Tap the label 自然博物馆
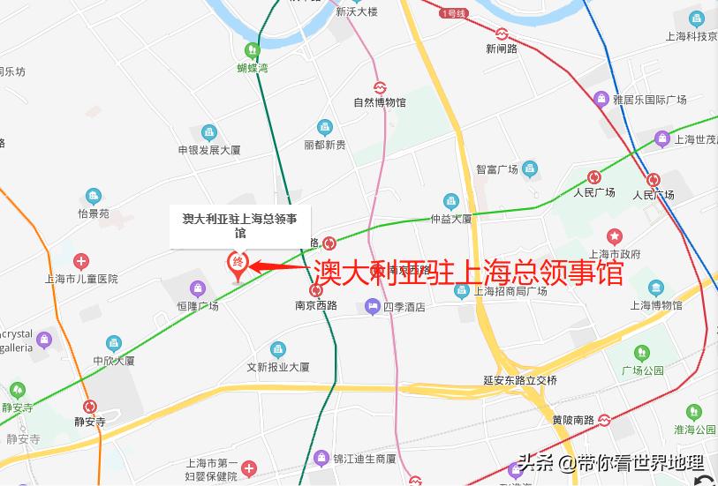coord(380,102)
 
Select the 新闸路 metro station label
coord(502,49)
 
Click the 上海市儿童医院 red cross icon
coord(81,261)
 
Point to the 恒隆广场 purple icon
coord(197,288)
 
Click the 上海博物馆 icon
coord(655,288)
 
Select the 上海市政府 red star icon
coord(615,236)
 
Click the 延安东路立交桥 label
coord(520,380)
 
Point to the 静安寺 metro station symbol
coord(89,407)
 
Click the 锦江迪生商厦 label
coord(365,459)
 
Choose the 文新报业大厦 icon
coord(278,349)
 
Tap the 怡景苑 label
coord(94,213)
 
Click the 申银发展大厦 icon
coord(209,133)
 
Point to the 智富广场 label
coord(496,169)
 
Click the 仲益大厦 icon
coord(451,202)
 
